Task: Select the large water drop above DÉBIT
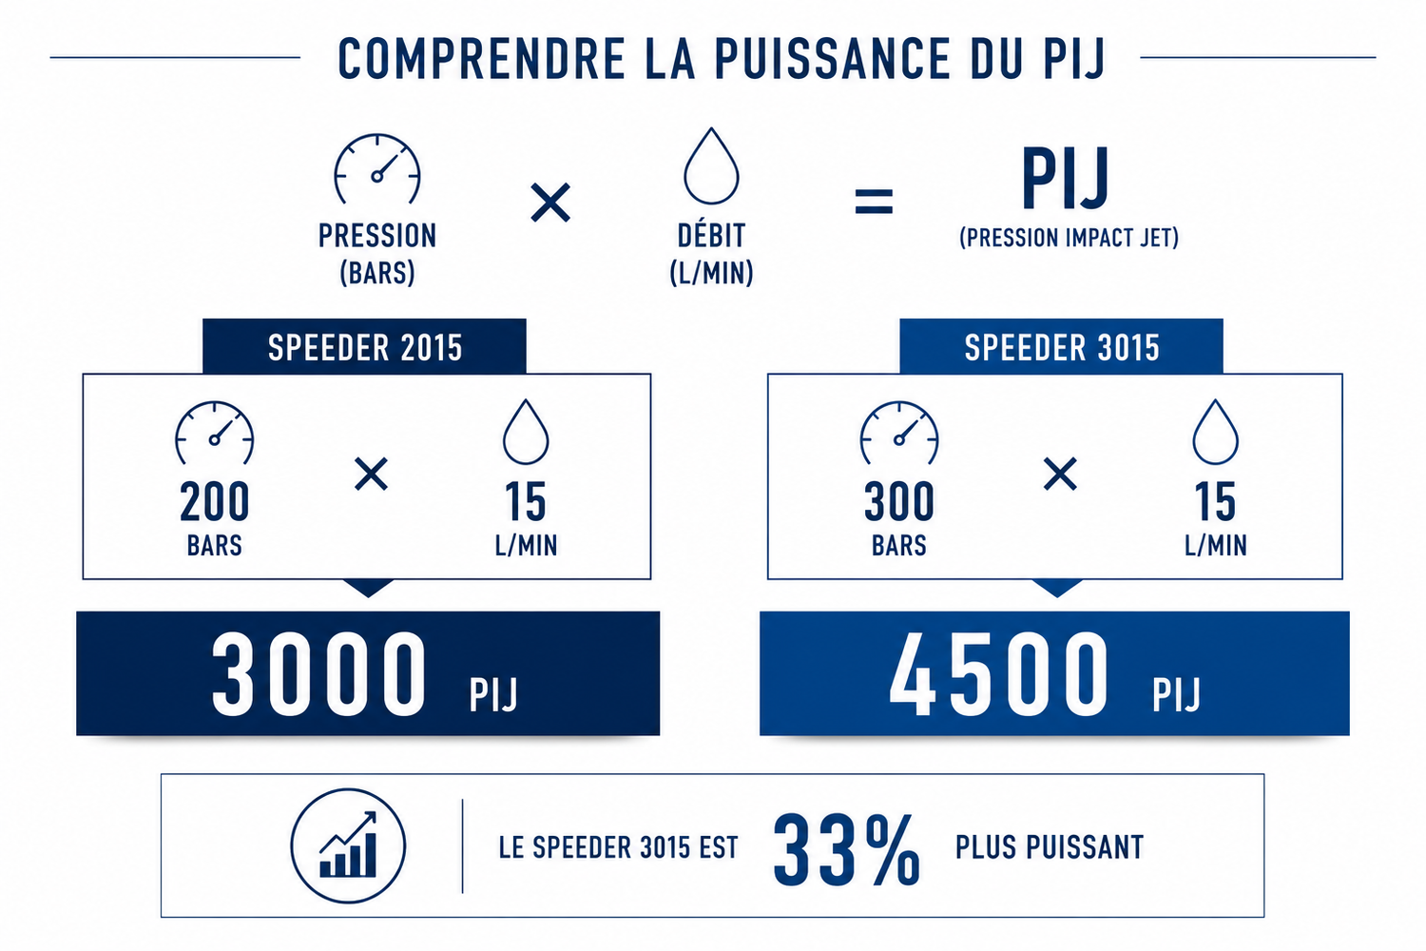pos(711,165)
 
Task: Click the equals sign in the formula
pos(874,202)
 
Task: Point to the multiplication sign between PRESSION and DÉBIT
pos(550,203)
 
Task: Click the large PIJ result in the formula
pos(1066,179)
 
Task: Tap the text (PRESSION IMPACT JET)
pos(1069,238)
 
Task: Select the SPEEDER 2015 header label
pos(365,348)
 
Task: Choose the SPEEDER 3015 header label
pos(1062,348)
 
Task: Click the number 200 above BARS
pos(215,502)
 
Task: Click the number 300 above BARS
pos(899,502)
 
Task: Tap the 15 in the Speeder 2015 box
pos(525,502)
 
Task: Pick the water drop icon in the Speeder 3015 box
pos(1215,432)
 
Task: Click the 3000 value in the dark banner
pos(318,675)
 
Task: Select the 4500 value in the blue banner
pos(998,675)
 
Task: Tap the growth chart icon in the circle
pos(348,845)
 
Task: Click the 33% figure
pos(847,850)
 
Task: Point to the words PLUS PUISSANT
pos(1050,847)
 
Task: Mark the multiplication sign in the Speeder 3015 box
pos(1061,474)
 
